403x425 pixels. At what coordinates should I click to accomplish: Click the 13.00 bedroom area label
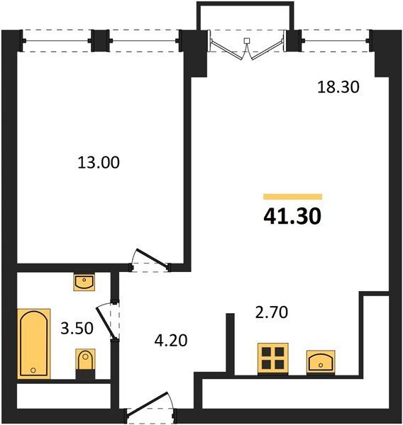pyautogui.click(x=99, y=162)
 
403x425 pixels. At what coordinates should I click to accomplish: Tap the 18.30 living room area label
pyautogui.click(x=338, y=87)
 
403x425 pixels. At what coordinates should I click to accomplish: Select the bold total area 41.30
pyautogui.click(x=292, y=216)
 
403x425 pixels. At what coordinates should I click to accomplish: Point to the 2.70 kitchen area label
pyautogui.click(x=272, y=312)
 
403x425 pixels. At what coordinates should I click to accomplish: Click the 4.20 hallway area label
pyautogui.click(x=171, y=341)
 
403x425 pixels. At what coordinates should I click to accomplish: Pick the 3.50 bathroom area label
pyautogui.click(x=77, y=328)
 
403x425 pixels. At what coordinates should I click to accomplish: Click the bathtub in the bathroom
pyautogui.click(x=34, y=344)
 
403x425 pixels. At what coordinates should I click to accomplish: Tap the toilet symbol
pyautogui.click(x=85, y=363)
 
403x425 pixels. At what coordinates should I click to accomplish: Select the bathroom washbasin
pyautogui.click(x=84, y=282)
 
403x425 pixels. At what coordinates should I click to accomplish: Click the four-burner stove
pyautogui.click(x=273, y=358)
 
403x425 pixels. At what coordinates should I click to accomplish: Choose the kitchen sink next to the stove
pyautogui.click(x=321, y=362)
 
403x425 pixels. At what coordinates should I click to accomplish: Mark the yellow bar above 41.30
pyautogui.click(x=293, y=196)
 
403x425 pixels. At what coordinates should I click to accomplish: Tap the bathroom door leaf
pyautogui.click(x=106, y=323)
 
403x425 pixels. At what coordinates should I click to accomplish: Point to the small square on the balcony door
pyautogui.click(x=247, y=40)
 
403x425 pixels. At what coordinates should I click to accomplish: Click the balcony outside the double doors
pyautogui.click(x=245, y=16)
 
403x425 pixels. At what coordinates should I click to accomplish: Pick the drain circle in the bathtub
pyautogui.click(x=33, y=370)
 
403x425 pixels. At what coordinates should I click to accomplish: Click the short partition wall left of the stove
pyautogui.click(x=231, y=344)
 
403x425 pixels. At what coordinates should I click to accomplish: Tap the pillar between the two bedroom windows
pyautogui.click(x=101, y=40)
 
